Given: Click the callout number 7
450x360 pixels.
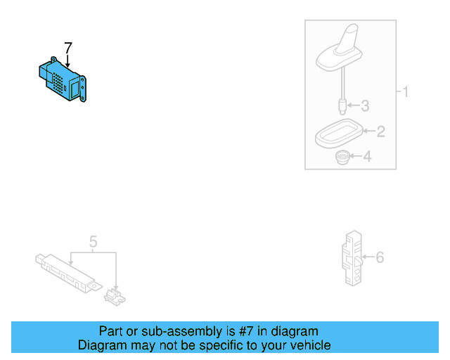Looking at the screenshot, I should tap(67, 48).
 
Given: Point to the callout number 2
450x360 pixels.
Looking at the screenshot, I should tap(380, 131).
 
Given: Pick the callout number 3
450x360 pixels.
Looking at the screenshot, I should tap(364, 107).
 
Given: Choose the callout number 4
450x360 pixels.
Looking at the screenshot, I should tap(366, 157).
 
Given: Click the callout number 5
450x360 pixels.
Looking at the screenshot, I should tap(93, 243).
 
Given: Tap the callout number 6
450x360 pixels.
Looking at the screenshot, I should tap(380, 258).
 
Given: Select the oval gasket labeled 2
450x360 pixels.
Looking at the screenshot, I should tap(337, 134).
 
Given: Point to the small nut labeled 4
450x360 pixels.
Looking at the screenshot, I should tap(343, 157).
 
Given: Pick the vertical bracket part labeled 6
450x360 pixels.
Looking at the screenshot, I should tap(352, 257).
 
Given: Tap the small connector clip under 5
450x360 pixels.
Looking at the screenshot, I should tap(115, 296).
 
